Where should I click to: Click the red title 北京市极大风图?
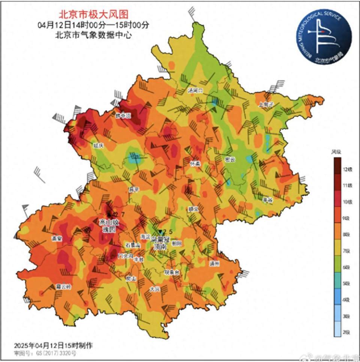click(94, 14)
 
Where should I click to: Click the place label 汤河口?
click(195, 91)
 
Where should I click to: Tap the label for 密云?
click(230, 160)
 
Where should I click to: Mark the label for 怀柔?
click(195, 163)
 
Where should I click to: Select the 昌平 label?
click(134, 190)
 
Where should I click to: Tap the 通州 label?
click(214, 263)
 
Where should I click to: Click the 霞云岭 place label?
click(63, 287)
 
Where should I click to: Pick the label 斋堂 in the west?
click(57, 239)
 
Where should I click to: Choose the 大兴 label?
click(155, 289)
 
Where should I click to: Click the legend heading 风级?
click(336, 152)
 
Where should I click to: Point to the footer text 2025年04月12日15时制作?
click(53, 345)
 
